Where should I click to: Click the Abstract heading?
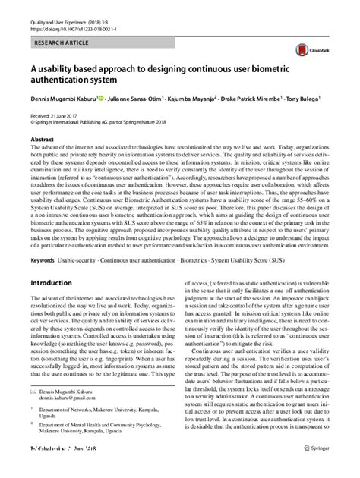(x=42, y=140)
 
